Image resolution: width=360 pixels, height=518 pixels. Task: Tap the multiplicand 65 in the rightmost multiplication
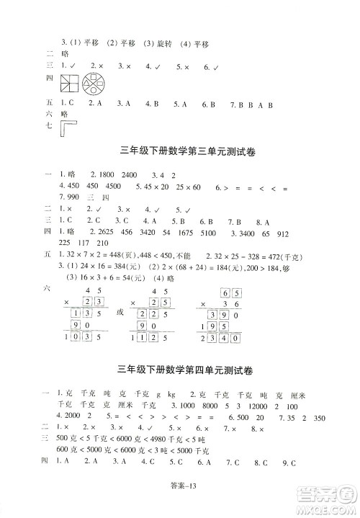click(231, 293)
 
